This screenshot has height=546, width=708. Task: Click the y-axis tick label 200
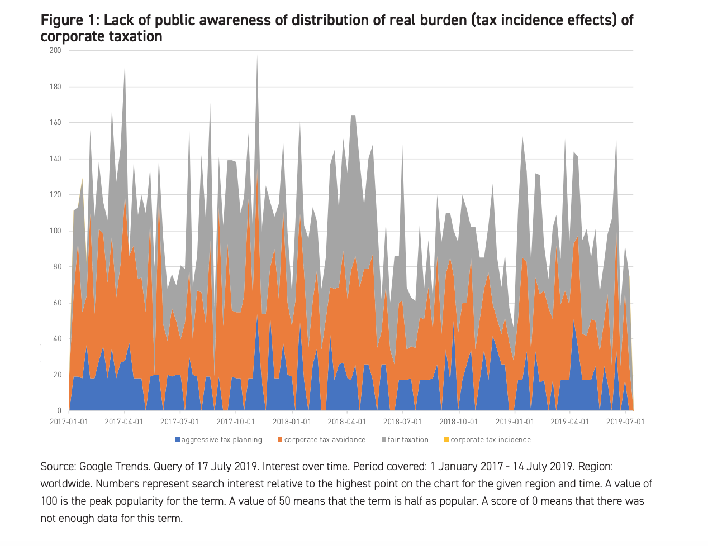[x=55, y=50]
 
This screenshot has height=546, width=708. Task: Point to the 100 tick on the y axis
[x=55, y=231]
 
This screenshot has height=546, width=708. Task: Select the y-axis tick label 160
[x=55, y=123]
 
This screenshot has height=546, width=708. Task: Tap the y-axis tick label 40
[x=57, y=339]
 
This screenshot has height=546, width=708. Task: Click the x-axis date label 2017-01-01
[x=69, y=422]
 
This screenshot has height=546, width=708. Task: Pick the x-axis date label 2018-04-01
[x=347, y=422]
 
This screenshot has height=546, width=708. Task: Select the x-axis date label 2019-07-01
[x=625, y=422]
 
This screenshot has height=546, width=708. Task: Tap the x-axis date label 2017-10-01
[x=236, y=422]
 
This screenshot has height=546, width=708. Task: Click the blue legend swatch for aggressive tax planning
[x=178, y=440]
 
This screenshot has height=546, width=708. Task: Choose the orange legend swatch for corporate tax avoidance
[x=280, y=440]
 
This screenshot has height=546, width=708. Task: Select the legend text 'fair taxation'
[x=408, y=440]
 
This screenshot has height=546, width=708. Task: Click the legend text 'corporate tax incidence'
[x=490, y=440]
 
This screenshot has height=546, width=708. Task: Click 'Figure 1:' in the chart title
[x=70, y=21]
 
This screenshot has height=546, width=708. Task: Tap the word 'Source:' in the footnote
[x=58, y=466]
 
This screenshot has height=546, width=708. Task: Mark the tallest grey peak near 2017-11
[x=257, y=56]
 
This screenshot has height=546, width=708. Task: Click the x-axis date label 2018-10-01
[x=458, y=422]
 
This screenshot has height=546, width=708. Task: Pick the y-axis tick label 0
[x=60, y=411]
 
